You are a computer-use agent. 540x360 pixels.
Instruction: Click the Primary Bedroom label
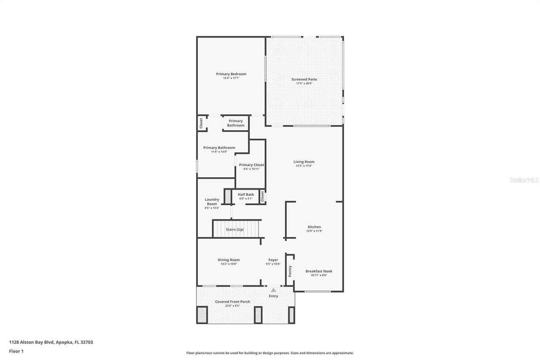[231, 74]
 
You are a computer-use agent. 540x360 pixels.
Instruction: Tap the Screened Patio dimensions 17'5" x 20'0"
[304, 84]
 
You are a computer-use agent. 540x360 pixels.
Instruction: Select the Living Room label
[304, 162]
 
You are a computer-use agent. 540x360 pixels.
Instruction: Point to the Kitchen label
[314, 227]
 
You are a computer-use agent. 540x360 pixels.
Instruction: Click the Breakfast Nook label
[319, 271]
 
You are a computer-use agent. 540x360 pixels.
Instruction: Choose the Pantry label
[290, 271]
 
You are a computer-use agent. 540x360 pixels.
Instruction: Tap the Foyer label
[273, 260]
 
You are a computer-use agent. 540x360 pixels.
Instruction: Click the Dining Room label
[229, 260]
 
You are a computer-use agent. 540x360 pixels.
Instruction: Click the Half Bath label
[246, 195]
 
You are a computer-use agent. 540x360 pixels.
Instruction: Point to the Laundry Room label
[212, 202]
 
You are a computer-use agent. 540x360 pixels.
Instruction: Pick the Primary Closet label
[251, 165]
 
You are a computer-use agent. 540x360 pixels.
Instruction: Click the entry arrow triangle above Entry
[273, 290]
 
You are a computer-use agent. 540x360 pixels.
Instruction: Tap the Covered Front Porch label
[232, 302]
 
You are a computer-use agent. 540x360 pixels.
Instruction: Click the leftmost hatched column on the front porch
[202, 314]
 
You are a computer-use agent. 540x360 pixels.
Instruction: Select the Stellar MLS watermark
[524, 180]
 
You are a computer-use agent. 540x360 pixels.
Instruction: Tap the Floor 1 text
[16, 351]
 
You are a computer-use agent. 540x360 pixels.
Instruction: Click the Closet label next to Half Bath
[262, 196]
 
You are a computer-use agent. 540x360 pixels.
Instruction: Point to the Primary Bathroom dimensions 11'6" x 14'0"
[219, 152]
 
